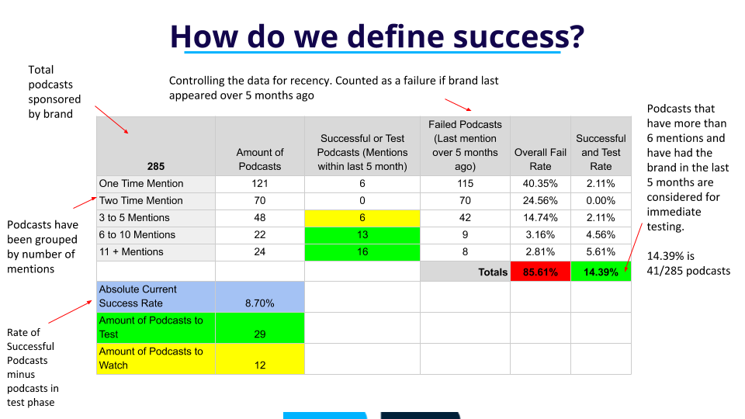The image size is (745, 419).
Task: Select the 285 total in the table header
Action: tap(156, 166)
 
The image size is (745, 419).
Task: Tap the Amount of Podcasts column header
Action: tap(260, 159)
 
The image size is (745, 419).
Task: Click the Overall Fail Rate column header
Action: tap(540, 159)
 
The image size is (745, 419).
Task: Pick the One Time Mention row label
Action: tap(141, 183)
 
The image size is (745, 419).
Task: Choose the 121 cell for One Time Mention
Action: tap(260, 183)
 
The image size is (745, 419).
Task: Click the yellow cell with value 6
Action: tap(362, 218)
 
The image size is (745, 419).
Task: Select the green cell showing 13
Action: tap(362, 235)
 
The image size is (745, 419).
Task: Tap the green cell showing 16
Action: tap(362, 252)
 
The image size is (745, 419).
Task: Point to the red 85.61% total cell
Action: tap(540, 272)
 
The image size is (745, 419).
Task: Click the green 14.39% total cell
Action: tap(601, 272)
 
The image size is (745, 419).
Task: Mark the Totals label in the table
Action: tap(493, 272)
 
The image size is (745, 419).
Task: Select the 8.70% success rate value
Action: tap(259, 303)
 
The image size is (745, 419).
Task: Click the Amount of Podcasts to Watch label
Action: tap(151, 358)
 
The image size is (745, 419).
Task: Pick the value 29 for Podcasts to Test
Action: tap(259, 334)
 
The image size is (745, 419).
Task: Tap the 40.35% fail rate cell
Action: tap(540, 183)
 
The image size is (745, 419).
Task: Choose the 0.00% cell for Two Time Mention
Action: tap(601, 200)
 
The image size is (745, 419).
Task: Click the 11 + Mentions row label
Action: tap(131, 251)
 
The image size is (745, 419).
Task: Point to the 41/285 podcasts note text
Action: tap(688, 271)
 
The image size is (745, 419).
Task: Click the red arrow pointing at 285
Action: tap(112, 119)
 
